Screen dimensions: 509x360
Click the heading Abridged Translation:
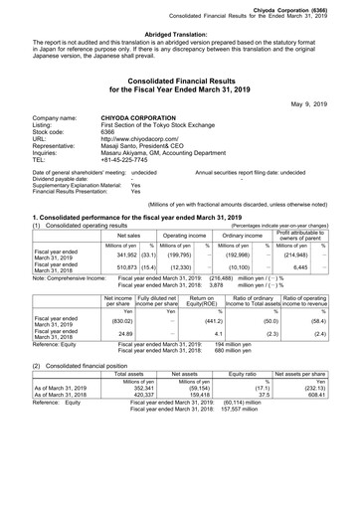click(179, 33)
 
